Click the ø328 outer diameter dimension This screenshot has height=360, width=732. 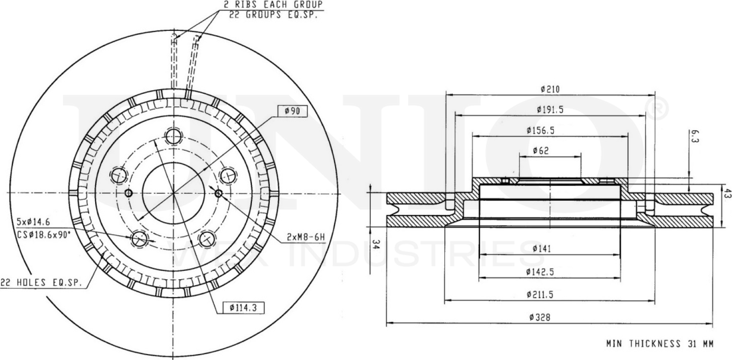(540, 317)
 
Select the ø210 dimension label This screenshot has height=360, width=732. (550, 89)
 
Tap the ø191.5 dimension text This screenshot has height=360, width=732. (550, 109)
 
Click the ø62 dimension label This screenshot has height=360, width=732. (540, 150)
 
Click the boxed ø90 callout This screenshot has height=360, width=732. (292, 110)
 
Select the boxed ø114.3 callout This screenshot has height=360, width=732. (244, 307)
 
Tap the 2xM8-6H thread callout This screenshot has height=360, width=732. (306, 237)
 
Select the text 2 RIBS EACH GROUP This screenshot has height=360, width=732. (273, 5)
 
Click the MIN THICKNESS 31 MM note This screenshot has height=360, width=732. (660, 343)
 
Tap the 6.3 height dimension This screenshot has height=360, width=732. (695, 138)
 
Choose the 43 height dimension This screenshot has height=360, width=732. (726, 193)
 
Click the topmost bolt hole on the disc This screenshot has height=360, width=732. (173, 136)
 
